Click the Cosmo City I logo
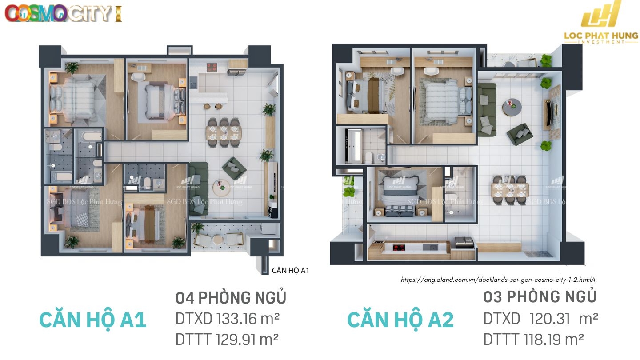pos(63,13)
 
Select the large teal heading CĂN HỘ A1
pos(93,320)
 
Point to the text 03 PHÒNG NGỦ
pos(540,296)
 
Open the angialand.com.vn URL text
pos(498,280)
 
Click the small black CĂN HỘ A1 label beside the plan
pos(290,270)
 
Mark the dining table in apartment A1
pos(224,132)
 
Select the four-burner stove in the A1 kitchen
pos(212,68)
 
